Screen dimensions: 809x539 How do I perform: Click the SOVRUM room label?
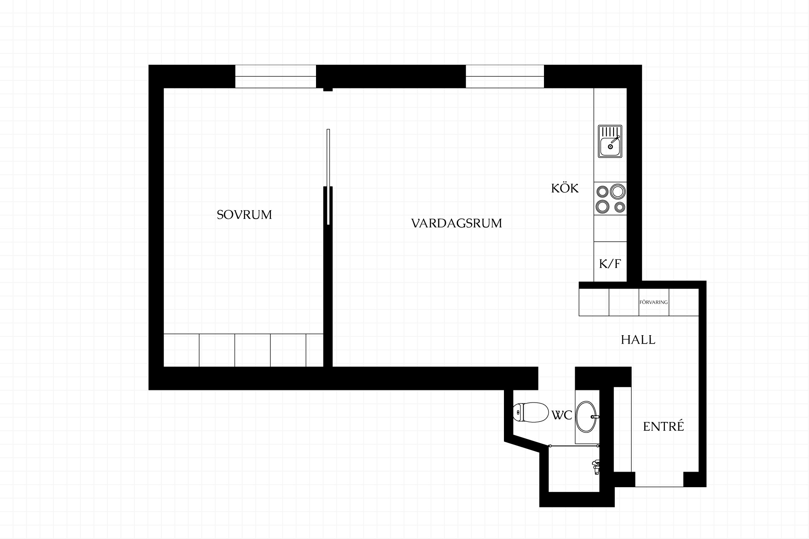coord(244,215)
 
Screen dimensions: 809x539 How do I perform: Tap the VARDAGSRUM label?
coord(456,223)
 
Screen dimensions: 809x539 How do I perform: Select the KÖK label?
coord(565,188)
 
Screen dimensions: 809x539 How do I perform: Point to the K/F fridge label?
coord(610,264)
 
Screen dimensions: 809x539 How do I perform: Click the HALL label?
coord(638,340)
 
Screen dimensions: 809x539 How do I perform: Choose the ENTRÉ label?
coord(663,426)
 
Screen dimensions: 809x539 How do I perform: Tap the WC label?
coord(562,415)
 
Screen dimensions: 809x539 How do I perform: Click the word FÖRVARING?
coord(654,302)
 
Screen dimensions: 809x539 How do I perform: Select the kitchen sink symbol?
coord(610,141)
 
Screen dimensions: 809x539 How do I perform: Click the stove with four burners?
coord(610,199)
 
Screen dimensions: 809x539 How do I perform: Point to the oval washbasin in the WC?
coord(587,416)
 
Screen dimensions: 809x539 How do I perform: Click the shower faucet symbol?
coord(596,467)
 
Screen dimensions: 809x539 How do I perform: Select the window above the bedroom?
coord(276,76)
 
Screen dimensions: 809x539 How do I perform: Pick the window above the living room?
coord(505,76)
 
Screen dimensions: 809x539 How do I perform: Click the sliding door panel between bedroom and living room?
coord(328,177)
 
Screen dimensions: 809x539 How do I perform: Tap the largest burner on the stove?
coord(618,192)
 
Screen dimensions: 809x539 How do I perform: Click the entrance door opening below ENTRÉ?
coord(659,479)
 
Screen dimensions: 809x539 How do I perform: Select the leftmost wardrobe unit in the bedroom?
coord(181,350)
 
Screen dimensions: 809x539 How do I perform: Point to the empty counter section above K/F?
coord(610,229)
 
